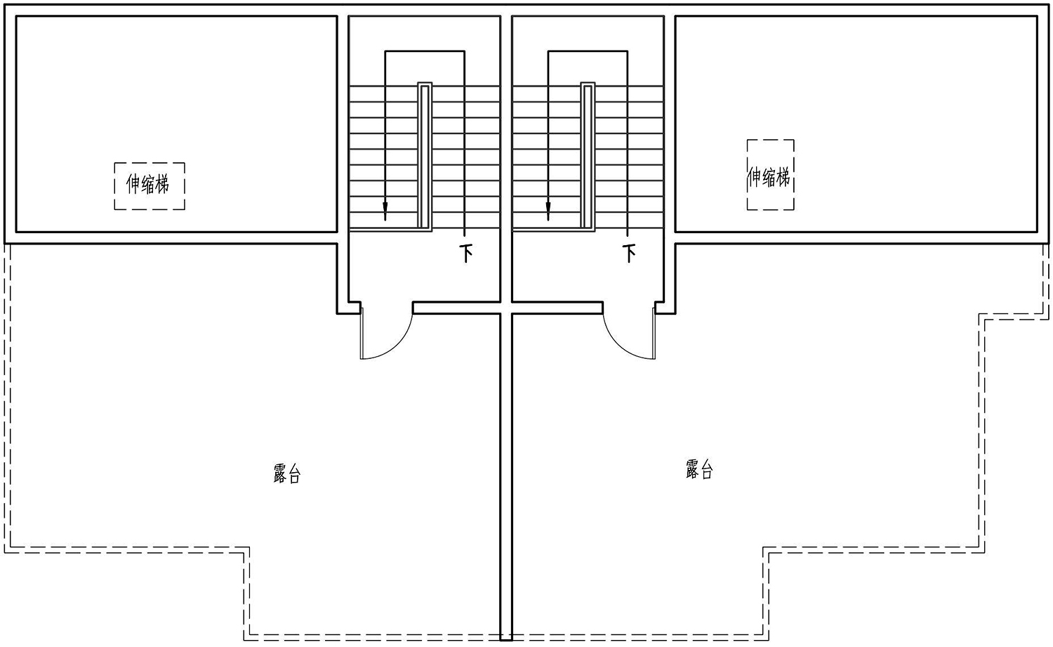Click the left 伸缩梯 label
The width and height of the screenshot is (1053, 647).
point(147,184)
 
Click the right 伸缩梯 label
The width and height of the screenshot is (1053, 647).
point(769,177)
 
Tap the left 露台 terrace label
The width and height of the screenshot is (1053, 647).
point(286,473)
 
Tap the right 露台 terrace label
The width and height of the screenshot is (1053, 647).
point(699,469)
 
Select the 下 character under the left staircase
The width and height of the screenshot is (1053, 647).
point(466,253)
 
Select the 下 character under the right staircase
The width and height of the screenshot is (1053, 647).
point(629,253)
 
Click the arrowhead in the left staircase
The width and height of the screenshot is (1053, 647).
point(385,211)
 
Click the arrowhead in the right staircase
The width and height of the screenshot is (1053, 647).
point(548,211)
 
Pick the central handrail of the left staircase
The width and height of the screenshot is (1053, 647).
point(425,157)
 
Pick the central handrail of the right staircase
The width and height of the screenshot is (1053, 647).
point(588,157)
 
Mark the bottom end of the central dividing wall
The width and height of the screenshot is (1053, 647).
point(506,640)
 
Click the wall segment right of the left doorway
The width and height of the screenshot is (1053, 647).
point(456,308)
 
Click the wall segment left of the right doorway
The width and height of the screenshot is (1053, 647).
point(557,308)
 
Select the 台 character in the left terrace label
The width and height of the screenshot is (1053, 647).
point(294,474)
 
